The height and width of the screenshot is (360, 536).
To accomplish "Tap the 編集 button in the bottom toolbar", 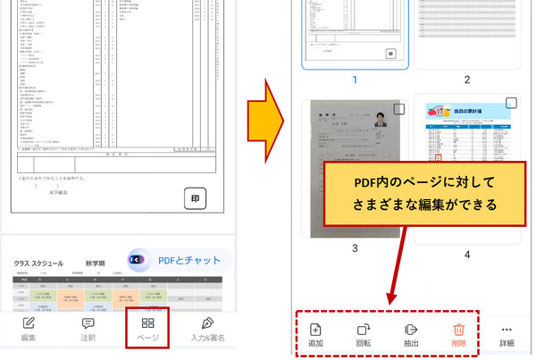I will (28, 328).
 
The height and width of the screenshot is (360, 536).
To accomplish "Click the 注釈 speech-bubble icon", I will (88, 328).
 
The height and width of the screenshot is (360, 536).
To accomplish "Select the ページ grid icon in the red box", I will (148, 323).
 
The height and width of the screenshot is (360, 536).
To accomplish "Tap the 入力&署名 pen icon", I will (208, 328).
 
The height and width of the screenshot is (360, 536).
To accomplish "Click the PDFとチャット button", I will (180, 260).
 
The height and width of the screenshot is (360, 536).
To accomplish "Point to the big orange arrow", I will (264, 105).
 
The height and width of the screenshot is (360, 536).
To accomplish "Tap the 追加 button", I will (315, 334).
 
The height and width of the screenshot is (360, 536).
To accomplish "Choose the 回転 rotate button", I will (364, 334).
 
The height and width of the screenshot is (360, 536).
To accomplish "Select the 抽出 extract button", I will (412, 334).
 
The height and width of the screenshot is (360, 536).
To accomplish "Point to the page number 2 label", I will (466, 80).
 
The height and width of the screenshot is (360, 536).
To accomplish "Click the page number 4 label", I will (466, 255).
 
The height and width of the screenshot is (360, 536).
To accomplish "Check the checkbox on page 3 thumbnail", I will (398, 110).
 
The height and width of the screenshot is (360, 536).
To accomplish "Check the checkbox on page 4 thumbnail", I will (511, 104).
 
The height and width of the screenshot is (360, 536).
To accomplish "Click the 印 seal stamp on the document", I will (197, 198).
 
